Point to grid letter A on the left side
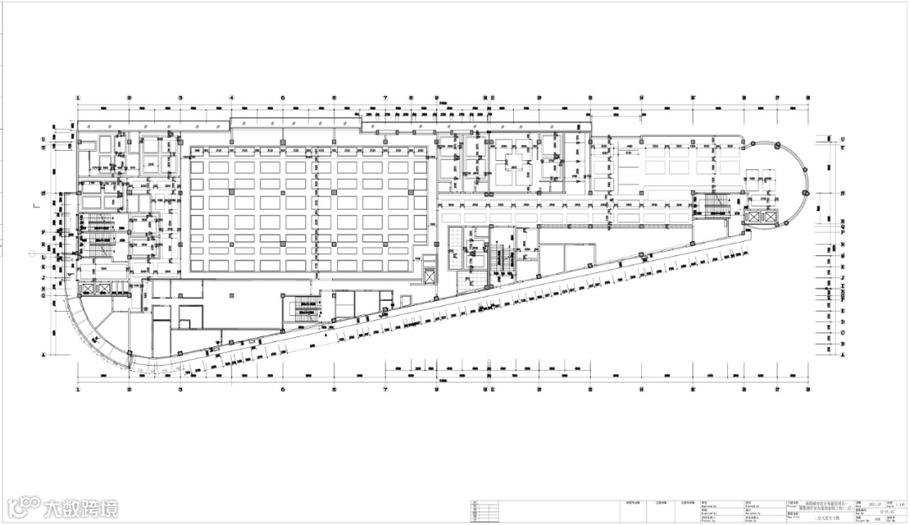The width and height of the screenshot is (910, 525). pyautogui.click(x=43, y=355)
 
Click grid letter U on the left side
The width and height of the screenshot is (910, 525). pyautogui.click(x=43, y=138)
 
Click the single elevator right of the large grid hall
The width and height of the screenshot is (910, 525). pyautogui.click(x=429, y=276)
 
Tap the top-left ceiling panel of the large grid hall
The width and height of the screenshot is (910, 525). pyautogui.click(x=198, y=168)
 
